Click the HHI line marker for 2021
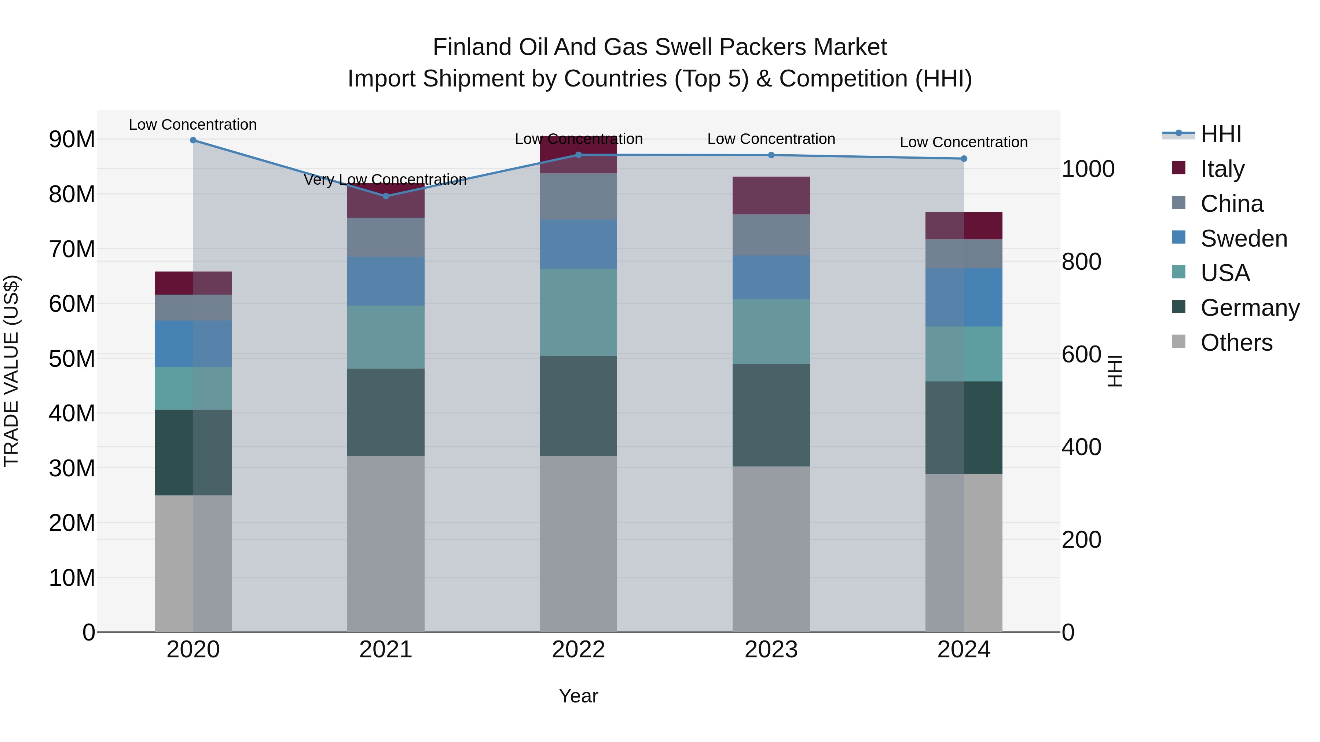click(386, 196)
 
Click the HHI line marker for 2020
click(193, 140)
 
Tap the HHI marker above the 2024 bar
click(964, 159)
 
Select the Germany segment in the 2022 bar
click(579, 406)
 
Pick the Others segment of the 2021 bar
click(386, 544)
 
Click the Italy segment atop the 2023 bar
click(771, 196)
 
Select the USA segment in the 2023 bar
click(771, 332)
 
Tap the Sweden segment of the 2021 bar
click(386, 281)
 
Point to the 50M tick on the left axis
click(72, 358)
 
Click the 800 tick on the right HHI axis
click(1081, 262)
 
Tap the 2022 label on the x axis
click(579, 650)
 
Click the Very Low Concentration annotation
click(385, 180)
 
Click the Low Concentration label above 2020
click(192, 125)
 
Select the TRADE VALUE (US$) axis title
click(11, 371)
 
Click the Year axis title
click(579, 696)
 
